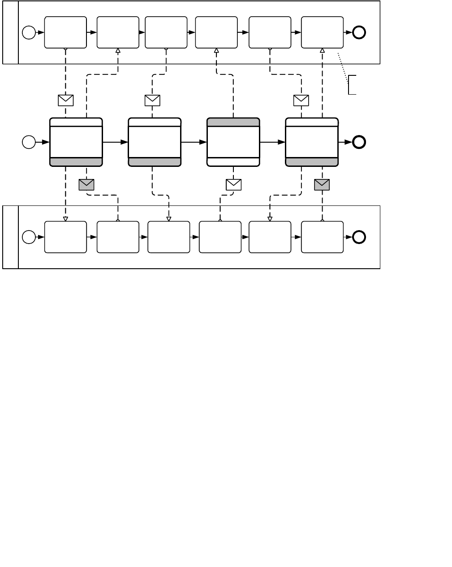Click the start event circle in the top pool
point(29,32)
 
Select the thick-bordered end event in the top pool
point(359,32)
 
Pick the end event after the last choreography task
point(359,142)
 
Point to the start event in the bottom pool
point(29,237)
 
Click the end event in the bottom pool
point(359,237)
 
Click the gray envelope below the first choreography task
point(86,184)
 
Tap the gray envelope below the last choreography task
point(322,184)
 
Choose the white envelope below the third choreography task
point(234,184)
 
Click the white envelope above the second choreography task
point(152,100)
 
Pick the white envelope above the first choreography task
point(66,100)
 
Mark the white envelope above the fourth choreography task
point(301,100)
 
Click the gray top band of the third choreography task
point(233,122)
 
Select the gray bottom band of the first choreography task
point(76,162)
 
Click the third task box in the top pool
point(166,32)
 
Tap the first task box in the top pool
point(65,32)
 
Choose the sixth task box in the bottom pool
point(323,237)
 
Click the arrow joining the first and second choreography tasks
point(116,142)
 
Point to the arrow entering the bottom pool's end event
point(348,237)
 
